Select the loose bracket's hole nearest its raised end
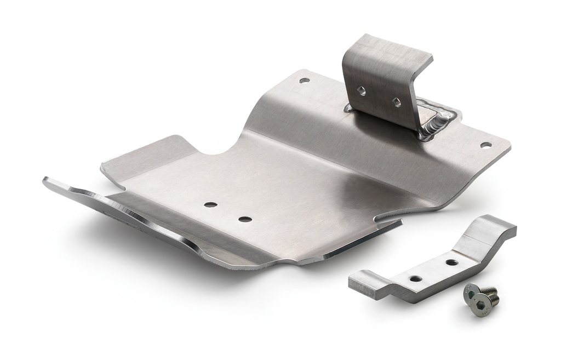[x=452, y=262]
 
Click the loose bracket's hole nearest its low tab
[x=416, y=278]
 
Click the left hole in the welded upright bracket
[x=362, y=91]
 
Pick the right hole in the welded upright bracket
[x=396, y=101]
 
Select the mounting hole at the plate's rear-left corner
[x=304, y=81]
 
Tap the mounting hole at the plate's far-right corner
[x=485, y=145]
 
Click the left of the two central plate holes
[x=210, y=204]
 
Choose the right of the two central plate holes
[x=245, y=219]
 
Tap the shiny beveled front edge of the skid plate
[x=137, y=219]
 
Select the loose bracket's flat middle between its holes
[x=434, y=271]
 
